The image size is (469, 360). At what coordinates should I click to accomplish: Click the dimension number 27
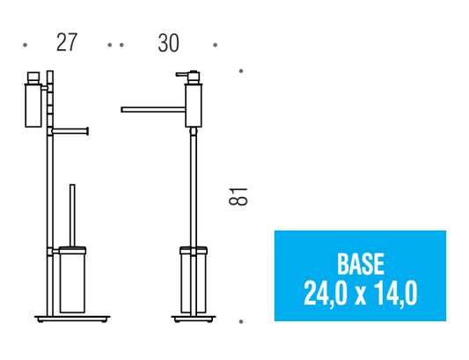click(67, 42)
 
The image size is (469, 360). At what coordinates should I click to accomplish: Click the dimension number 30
click(169, 43)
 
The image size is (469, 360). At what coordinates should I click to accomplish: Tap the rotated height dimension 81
click(238, 196)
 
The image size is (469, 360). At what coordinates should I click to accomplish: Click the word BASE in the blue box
click(361, 264)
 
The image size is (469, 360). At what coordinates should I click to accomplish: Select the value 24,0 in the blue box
click(326, 294)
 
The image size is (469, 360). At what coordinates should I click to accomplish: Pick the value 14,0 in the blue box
click(395, 294)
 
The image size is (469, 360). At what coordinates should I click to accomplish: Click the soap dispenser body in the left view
click(33, 106)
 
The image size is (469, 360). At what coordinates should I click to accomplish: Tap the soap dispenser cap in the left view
click(33, 77)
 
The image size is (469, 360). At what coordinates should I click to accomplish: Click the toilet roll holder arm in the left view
click(70, 131)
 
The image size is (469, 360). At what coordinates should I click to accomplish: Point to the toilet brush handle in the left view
click(72, 215)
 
